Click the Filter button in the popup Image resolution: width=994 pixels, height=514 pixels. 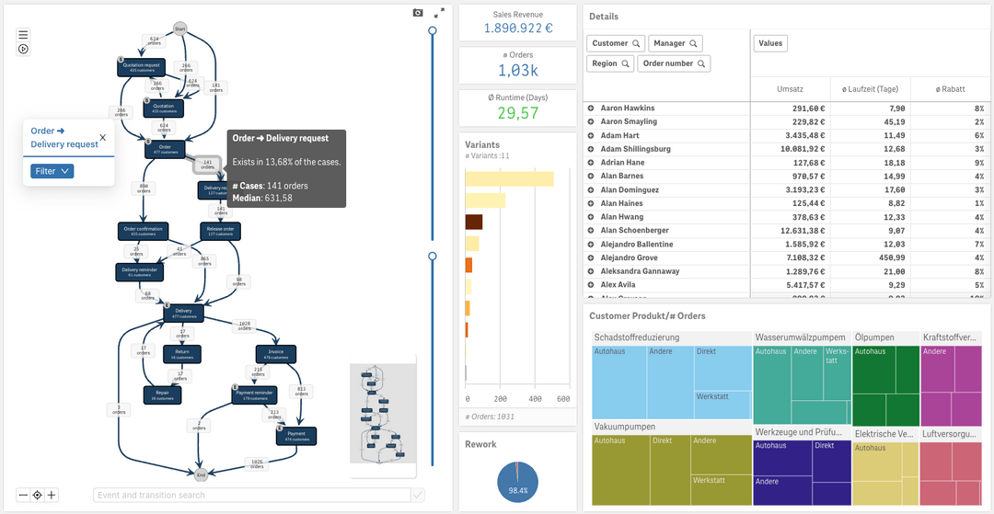tap(52, 171)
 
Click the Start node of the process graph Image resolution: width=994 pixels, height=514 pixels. tap(180, 29)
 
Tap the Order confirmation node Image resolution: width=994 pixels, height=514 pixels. tap(142, 231)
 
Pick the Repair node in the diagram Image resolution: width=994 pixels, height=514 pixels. tap(162, 394)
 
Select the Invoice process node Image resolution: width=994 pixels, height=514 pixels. tap(276, 354)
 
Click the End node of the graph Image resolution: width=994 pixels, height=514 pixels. tap(201, 474)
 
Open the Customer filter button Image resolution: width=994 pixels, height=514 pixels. tap(615, 43)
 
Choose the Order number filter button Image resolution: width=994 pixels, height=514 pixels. tap(675, 63)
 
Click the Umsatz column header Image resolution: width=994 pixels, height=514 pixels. tap(791, 88)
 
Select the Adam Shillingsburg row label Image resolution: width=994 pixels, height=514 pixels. tap(635, 149)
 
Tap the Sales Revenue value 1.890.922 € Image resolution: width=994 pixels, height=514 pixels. tap(517, 29)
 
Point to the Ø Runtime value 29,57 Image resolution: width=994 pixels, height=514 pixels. tap(517, 113)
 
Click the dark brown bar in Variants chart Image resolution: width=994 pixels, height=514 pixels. tap(474, 222)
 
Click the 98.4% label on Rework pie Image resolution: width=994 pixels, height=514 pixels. tap(517, 491)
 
